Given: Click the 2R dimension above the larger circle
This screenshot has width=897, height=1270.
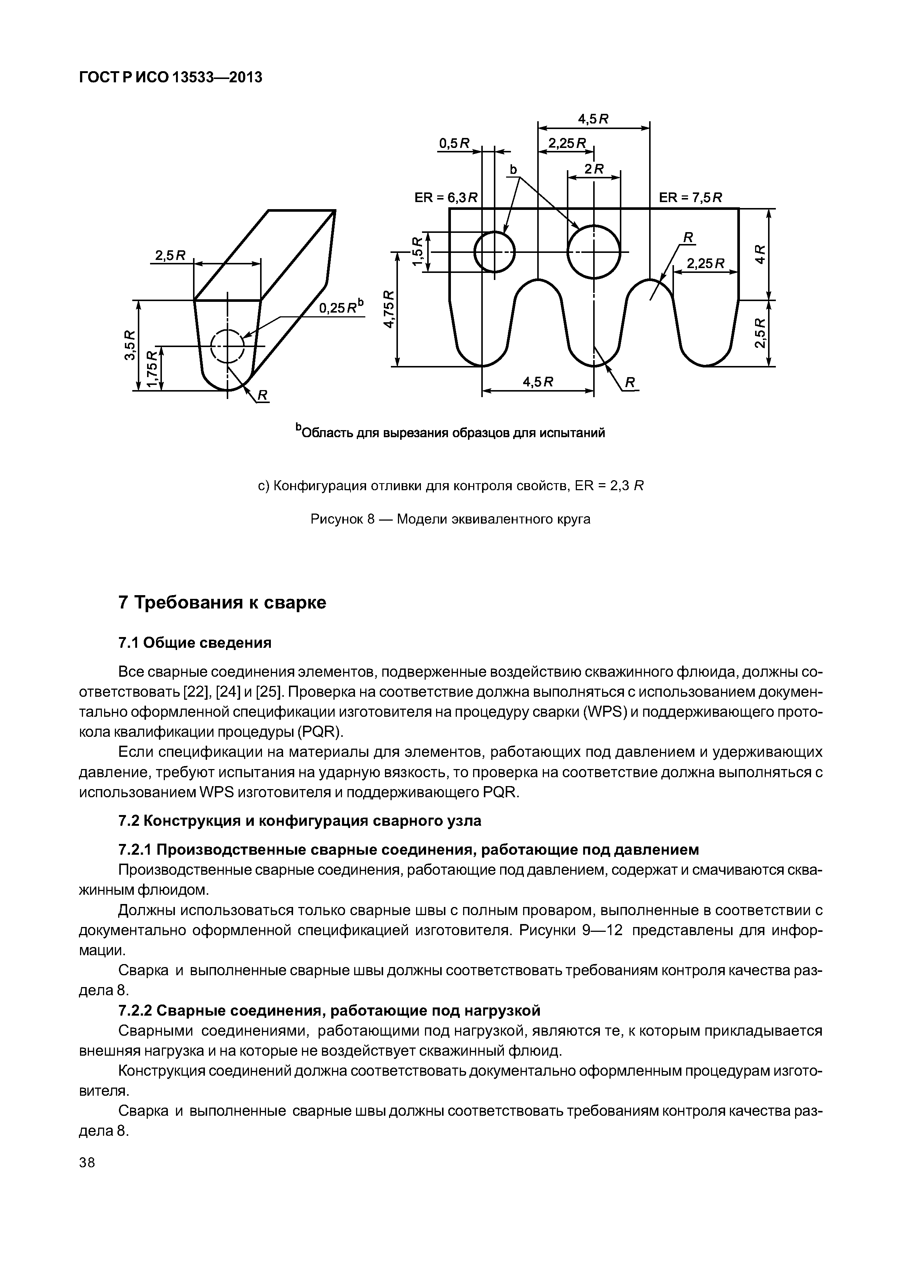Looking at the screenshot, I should click(x=595, y=169).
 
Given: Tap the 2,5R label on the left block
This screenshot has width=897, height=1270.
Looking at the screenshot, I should click(x=170, y=255).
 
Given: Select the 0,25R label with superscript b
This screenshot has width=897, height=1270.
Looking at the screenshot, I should click(x=342, y=307).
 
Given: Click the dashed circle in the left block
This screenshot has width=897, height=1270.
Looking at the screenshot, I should click(x=227, y=346).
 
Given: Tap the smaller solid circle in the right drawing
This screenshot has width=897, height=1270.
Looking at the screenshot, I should click(x=495, y=252).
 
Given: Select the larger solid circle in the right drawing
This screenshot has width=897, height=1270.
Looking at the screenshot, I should click(x=594, y=252).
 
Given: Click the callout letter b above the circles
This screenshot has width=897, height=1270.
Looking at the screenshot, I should click(x=513, y=170).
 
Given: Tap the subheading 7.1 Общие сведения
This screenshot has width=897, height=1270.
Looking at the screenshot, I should click(x=195, y=642).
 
